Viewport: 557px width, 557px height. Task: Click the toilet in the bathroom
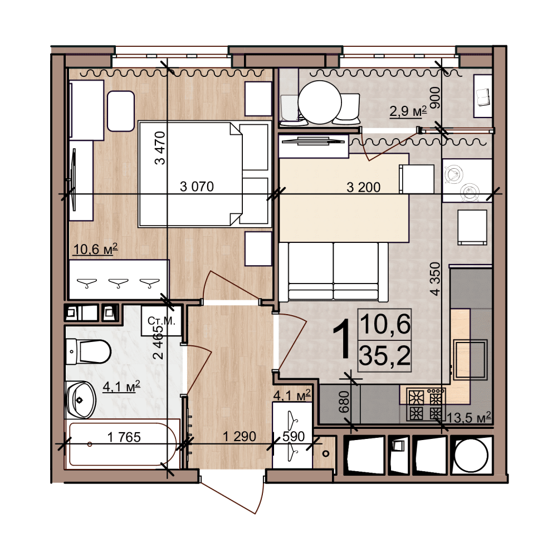(x=89, y=351)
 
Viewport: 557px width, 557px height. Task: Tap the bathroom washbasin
(x=81, y=399)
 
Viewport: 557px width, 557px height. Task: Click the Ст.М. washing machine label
(x=162, y=321)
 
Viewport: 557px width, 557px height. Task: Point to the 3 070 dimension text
(x=197, y=187)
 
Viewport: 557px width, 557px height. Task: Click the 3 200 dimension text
(x=363, y=187)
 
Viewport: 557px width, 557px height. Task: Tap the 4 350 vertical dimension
(x=435, y=279)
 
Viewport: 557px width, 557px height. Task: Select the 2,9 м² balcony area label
(x=408, y=111)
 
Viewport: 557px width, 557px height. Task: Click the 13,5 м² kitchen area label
(x=469, y=417)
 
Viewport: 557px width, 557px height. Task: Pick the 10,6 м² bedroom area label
(x=95, y=250)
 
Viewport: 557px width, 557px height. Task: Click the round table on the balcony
(x=320, y=102)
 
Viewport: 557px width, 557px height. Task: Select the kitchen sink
(x=470, y=359)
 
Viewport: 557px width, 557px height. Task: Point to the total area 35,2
(x=385, y=355)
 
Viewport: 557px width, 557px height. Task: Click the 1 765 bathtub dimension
(x=124, y=437)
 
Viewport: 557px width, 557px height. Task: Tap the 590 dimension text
(x=294, y=436)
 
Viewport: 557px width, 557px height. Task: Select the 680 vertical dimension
(x=344, y=402)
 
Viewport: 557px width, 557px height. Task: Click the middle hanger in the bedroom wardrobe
(x=118, y=283)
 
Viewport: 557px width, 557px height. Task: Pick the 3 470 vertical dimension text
(x=160, y=148)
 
